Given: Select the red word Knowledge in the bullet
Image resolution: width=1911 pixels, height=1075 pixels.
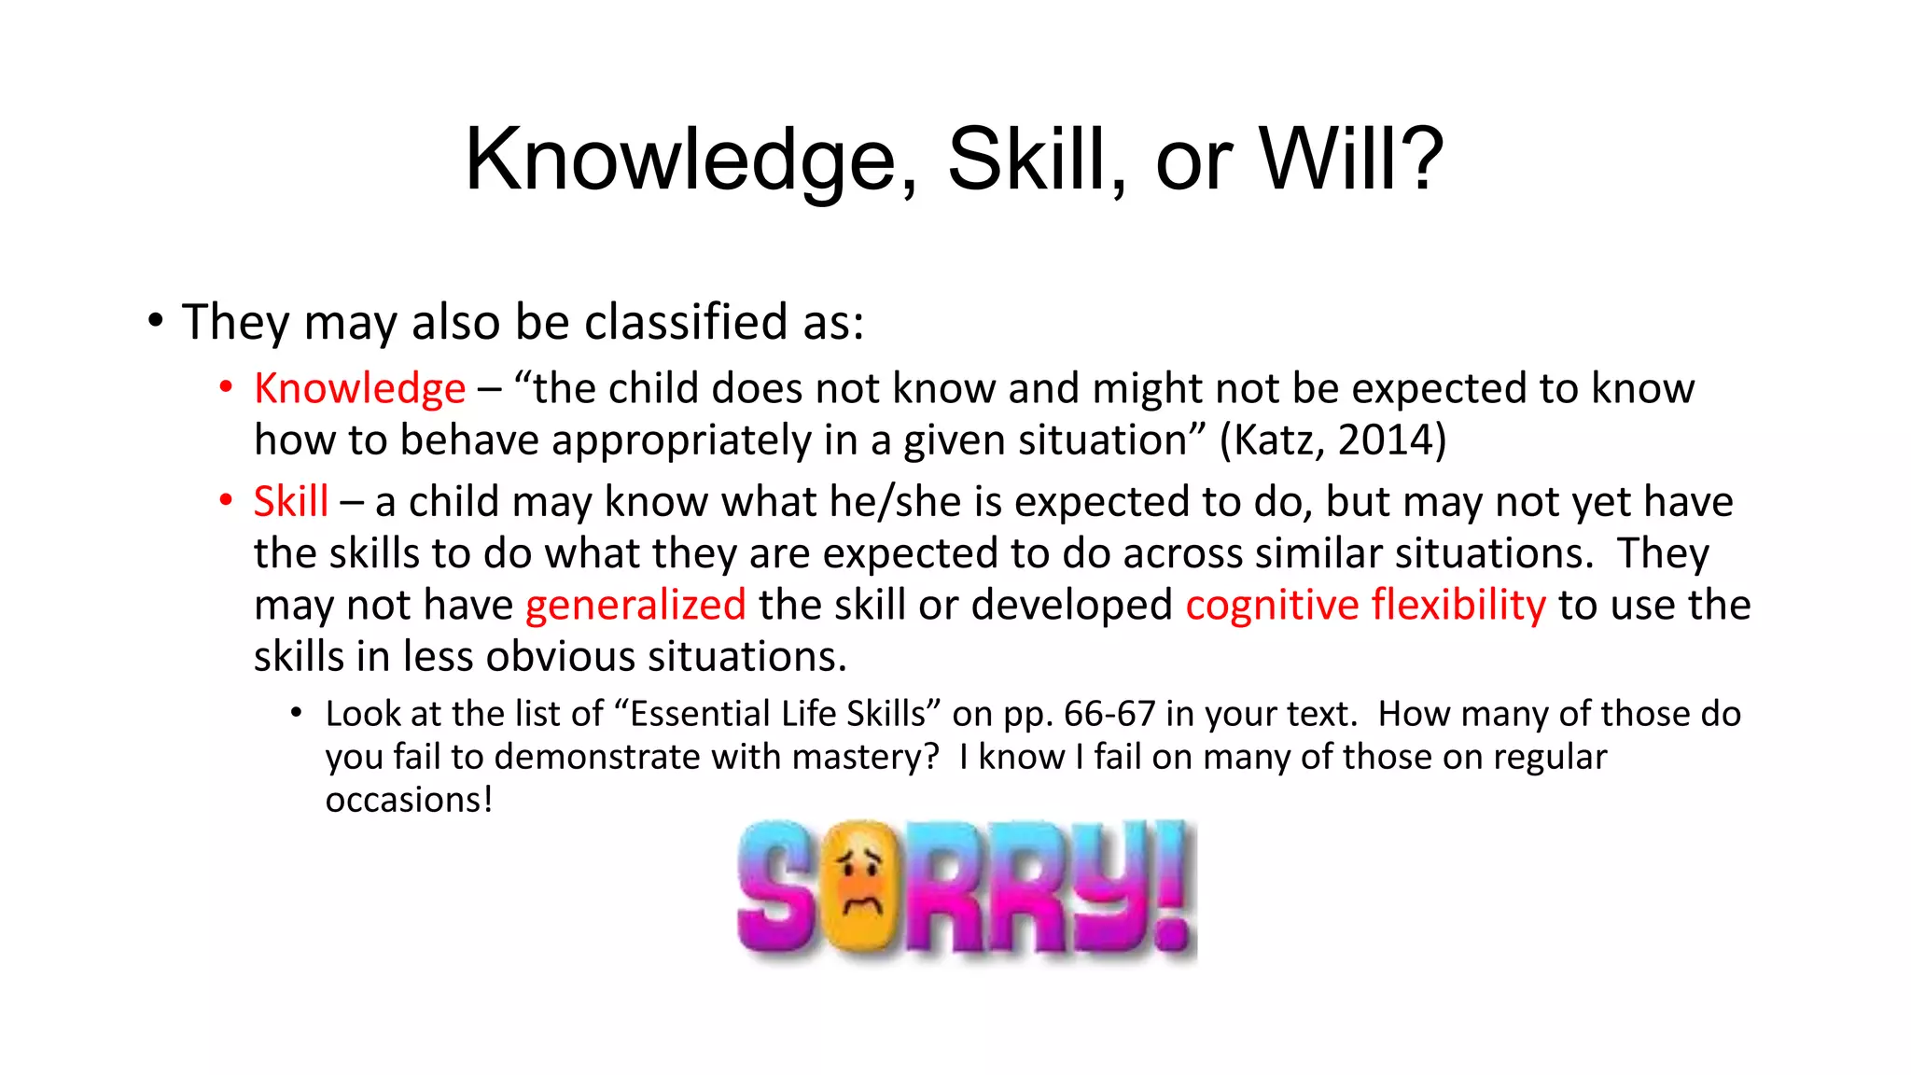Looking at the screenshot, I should (x=359, y=388).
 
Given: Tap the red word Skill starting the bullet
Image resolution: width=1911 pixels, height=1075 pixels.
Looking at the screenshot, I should (x=290, y=502).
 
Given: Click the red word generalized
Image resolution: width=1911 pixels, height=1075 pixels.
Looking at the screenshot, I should (x=635, y=606).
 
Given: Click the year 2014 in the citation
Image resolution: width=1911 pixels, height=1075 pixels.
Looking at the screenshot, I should (x=1389, y=440).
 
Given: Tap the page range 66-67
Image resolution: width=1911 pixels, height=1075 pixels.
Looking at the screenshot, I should (x=1109, y=714).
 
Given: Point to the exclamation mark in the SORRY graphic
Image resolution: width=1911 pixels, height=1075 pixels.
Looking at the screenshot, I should (x=1173, y=887).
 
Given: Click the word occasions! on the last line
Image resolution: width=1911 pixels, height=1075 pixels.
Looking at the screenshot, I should (x=409, y=800).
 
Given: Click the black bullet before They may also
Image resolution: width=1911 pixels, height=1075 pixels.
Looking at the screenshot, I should (x=155, y=320).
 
